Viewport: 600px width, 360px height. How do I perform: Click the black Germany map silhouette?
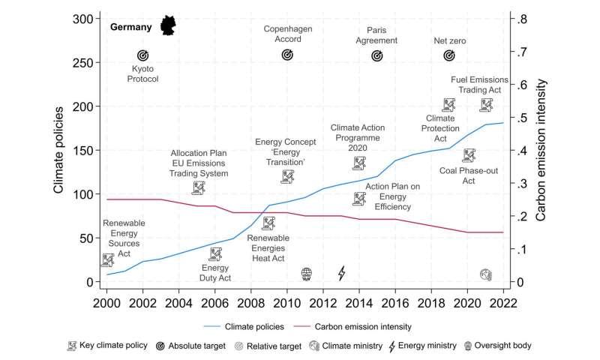(x=169, y=25)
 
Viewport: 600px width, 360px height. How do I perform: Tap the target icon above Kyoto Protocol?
(x=143, y=55)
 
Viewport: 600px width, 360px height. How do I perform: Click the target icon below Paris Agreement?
(x=377, y=55)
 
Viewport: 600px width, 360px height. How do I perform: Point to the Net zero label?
(x=450, y=40)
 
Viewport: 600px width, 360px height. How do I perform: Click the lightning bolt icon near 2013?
(x=342, y=273)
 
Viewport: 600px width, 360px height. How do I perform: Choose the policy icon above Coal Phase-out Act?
(x=469, y=155)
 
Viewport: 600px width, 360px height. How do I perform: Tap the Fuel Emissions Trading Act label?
(x=480, y=85)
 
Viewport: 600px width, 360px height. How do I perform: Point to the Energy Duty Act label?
(x=215, y=273)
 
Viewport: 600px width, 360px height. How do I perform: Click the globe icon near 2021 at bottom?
(x=486, y=274)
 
